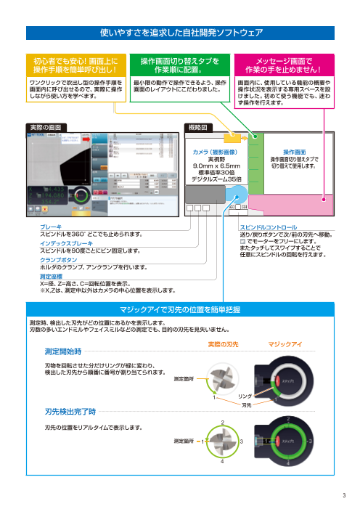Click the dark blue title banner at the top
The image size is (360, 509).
click(180, 33)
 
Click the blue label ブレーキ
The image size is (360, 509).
click(51, 227)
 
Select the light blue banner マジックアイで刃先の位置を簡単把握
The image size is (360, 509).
click(180, 308)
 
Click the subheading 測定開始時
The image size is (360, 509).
click(63, 351)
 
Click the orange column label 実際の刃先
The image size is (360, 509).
click(224, 343)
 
